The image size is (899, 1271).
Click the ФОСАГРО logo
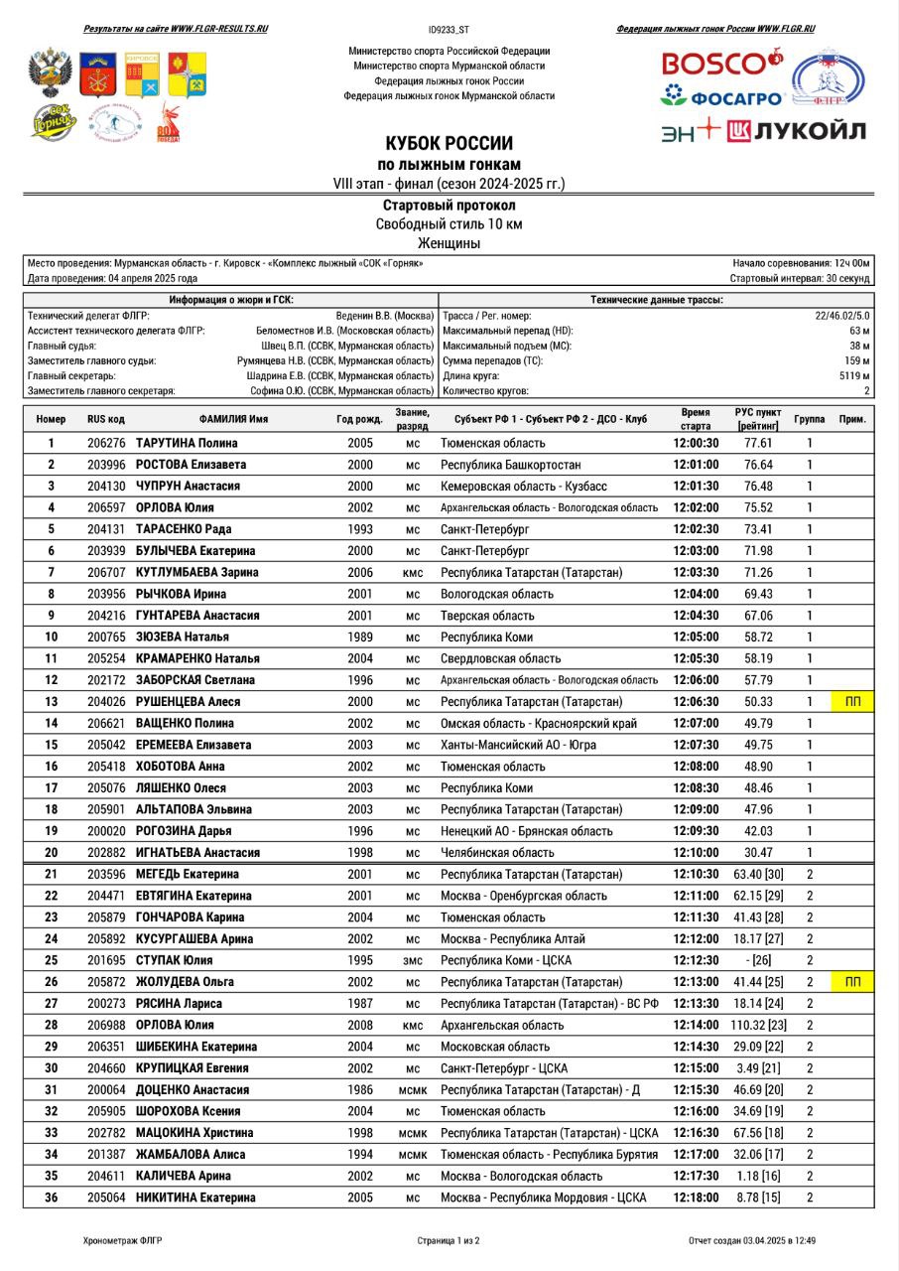(x=722, y=97)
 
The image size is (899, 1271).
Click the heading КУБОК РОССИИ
(x=449, y=143)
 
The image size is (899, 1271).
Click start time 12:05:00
(x=696, y=636)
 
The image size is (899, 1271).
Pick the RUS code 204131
(x=106, y=529)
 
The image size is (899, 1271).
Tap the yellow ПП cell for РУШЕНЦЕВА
(x=852, y=702)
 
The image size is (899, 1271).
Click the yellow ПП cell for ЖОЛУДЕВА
(x=852, y=982)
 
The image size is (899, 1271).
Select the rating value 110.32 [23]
(x=758, y=1025)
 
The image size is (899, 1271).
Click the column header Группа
(x=809, y=419)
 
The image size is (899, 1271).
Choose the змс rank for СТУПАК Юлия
(x=413, y=960)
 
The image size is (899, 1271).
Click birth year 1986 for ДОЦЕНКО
(x=360, y=1089)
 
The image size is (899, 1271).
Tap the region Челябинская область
(x=497, y=852)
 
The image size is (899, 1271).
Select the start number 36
(x=51, y=1198)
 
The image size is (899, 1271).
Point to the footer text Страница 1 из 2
(x=449, y=1240)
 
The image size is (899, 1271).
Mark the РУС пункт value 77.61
(x=758, y=443)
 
